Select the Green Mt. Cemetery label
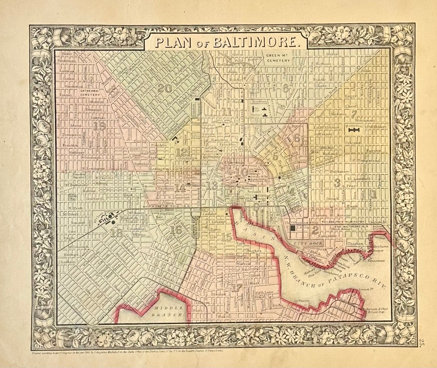point(279,58)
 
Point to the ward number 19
point(99,126)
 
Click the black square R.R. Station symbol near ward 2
point(293,228)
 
